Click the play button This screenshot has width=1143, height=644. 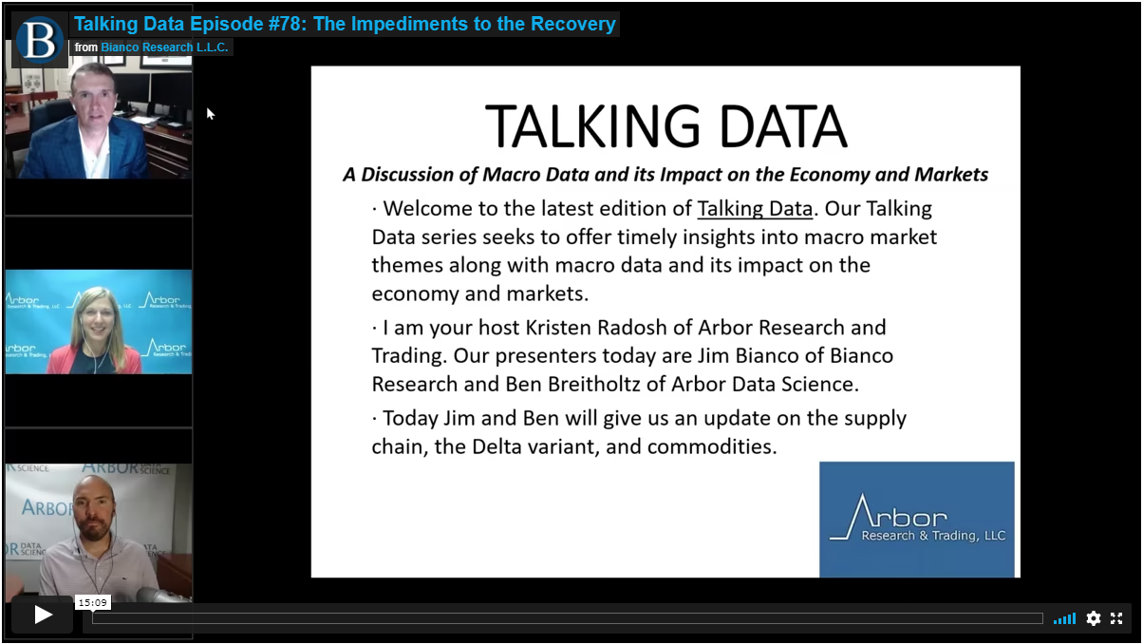pos(43,615)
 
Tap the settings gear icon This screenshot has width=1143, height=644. pos(1093,618)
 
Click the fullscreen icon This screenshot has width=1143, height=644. pos(1116,618)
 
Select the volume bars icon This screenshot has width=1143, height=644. pos(1064,618)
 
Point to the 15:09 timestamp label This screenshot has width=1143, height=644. pos(92,602)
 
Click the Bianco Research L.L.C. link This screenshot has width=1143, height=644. pos(164,47)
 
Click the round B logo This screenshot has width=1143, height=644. pos(39,40)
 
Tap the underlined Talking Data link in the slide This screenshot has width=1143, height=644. pos(755,209)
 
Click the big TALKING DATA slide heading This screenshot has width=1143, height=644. pos(665,126)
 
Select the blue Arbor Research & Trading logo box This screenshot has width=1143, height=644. pos(916,520)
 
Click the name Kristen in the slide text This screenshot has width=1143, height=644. pos(558,328)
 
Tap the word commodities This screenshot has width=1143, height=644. pos(712,446)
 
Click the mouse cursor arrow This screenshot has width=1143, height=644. pos(210,114)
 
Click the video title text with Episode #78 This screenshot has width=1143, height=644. pos(345,24)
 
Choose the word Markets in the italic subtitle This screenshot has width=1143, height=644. pos(951,175)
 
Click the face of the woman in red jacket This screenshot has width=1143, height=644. pos(97,316)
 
